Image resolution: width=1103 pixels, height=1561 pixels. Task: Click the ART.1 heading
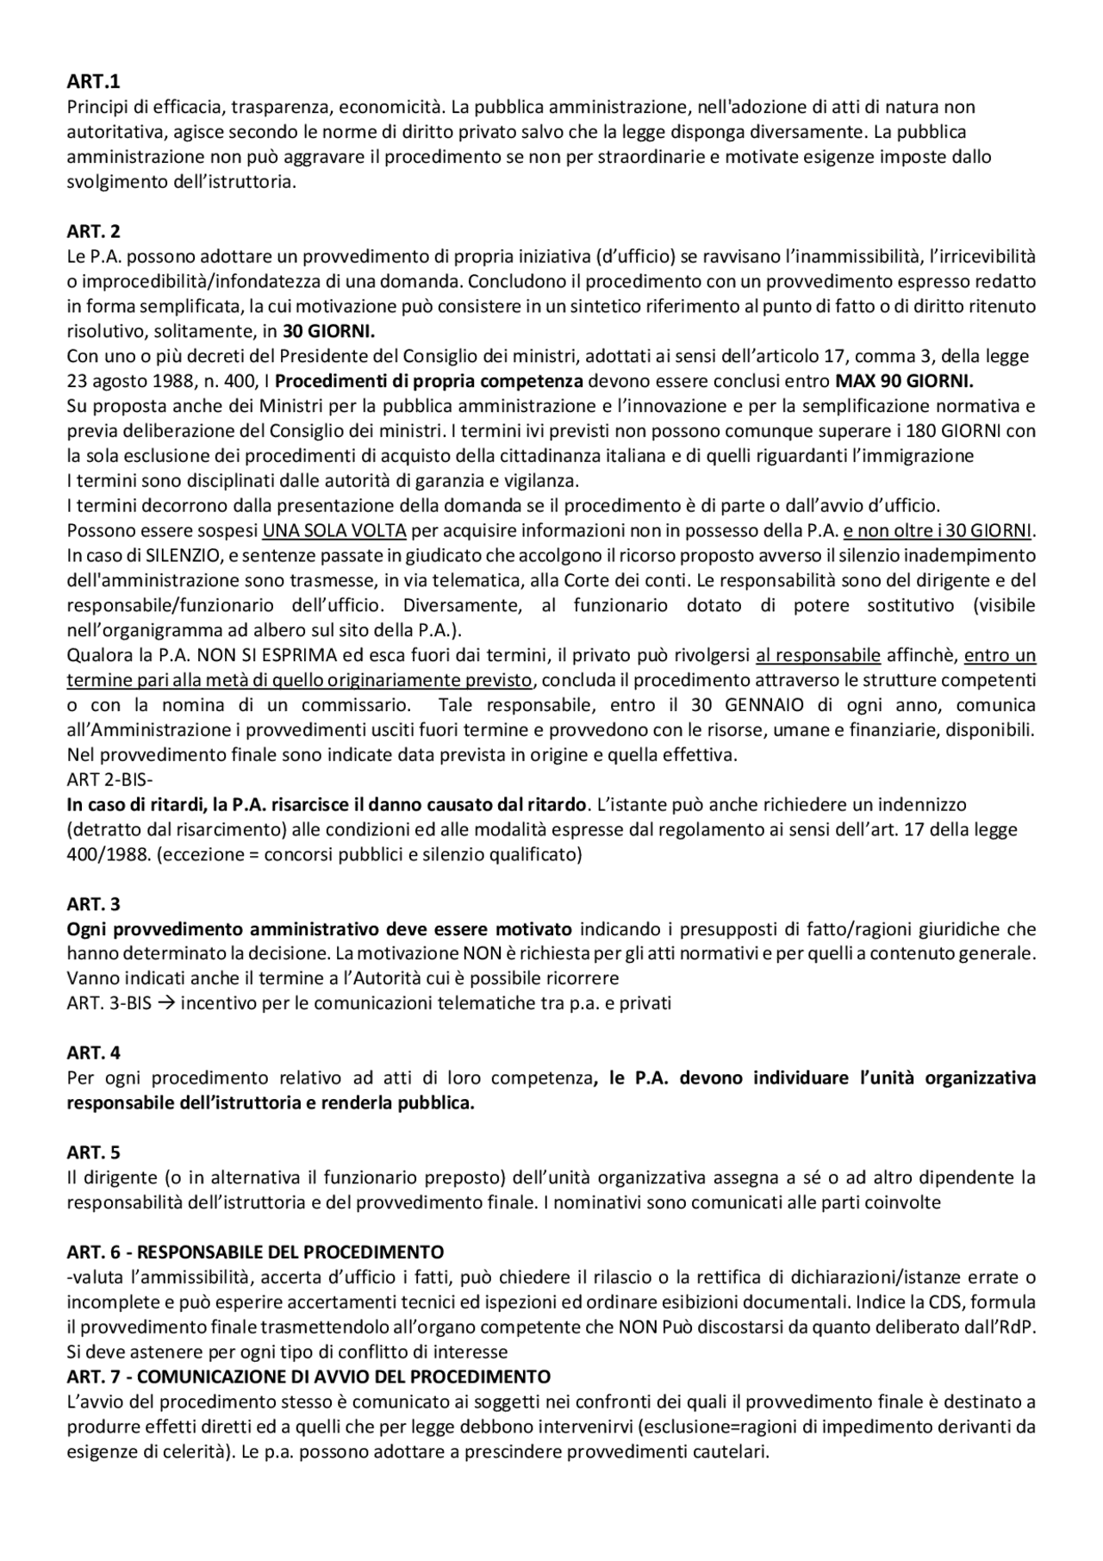(94, 82)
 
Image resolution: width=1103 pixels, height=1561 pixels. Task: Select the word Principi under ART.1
(96, 108)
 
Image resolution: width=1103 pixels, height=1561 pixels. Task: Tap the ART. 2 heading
(94, 231)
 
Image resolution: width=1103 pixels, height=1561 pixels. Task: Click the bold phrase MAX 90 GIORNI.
(905, 381)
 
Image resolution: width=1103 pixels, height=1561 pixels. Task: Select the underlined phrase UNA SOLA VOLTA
(322, 530)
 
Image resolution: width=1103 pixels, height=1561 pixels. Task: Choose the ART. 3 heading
(94, 904)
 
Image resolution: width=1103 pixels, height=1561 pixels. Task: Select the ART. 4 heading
(94, 1052)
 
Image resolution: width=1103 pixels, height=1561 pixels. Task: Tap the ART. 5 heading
(94, 1152)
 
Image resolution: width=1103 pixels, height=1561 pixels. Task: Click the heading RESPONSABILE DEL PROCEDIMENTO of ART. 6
(290, 1252)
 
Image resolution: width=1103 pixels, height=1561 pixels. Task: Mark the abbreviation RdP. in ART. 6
(1018, 1327)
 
